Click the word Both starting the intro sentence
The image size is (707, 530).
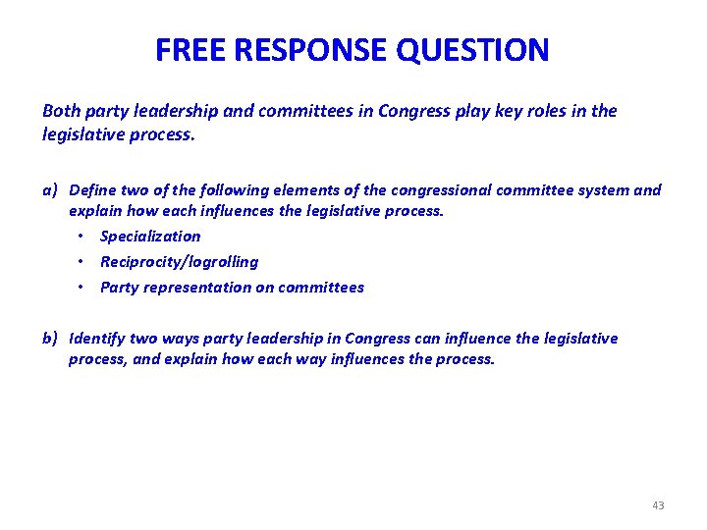tap(60, 111)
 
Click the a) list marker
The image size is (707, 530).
tap(51, 189)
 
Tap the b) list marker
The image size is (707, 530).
tap(51, 339)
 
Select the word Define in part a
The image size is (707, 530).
tap(93, 189)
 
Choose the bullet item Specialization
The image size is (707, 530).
tap(150, 237)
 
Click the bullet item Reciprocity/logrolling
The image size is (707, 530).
tap(179, 262)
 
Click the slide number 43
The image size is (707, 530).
tap(658, 505)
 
